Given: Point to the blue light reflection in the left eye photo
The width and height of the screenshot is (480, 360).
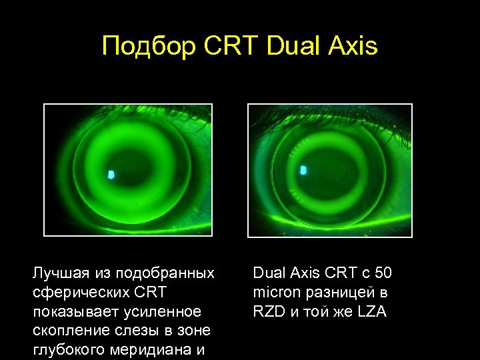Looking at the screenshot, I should point(111,175).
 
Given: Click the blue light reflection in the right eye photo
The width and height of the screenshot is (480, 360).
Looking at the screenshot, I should point(304,170).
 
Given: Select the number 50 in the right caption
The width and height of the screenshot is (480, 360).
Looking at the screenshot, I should point(383,273).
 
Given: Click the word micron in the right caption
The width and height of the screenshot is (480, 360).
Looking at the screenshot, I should point(275,293).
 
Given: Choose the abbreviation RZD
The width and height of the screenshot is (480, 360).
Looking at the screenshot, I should point(268,312).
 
